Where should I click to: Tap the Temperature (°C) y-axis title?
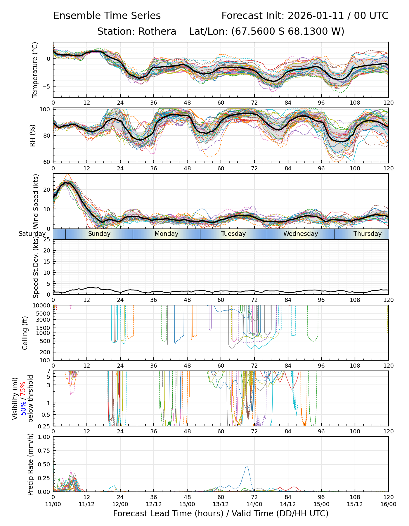[35, 70]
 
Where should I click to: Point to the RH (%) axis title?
[32, 135]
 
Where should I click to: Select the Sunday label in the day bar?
[99, 234]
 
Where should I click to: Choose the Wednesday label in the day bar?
[300, 234]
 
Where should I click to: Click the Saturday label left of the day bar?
[32, 234]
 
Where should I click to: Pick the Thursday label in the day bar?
[368, 234]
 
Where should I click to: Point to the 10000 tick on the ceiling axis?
[42, 306]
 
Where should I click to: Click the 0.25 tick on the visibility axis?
[45, 426]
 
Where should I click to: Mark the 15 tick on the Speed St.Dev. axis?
[47, 262]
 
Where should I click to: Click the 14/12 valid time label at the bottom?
[288, 504]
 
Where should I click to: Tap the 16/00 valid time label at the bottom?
[388, 504]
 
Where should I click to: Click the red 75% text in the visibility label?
[23, 388]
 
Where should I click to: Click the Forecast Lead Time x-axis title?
[221, 513]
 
